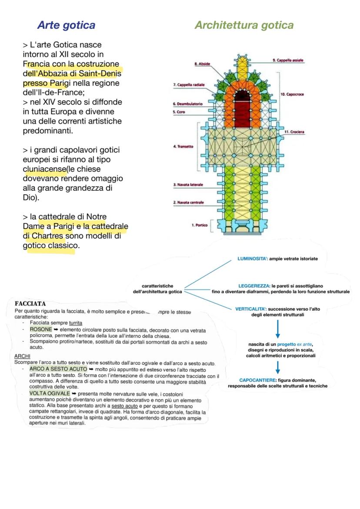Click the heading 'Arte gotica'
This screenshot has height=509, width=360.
tap(66, 25)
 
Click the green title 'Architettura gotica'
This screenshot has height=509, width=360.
tap(244, 25)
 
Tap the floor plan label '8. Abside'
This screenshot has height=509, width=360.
tap(202, 64)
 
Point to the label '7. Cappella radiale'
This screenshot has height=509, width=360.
tap(189, 84)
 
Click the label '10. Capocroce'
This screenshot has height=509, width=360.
tap(292, 94)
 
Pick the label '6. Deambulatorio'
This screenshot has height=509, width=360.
tap(187, 104)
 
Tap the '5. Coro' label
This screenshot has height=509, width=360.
tap(179, 112)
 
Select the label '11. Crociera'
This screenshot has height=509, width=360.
tap(294, 132)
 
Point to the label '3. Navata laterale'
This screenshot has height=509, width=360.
tap(188, 185)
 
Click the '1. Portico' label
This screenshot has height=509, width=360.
tap(200, 225)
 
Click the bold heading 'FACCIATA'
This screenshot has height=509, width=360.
tap(30, 303)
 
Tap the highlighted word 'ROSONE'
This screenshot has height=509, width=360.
tap(40, 329)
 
